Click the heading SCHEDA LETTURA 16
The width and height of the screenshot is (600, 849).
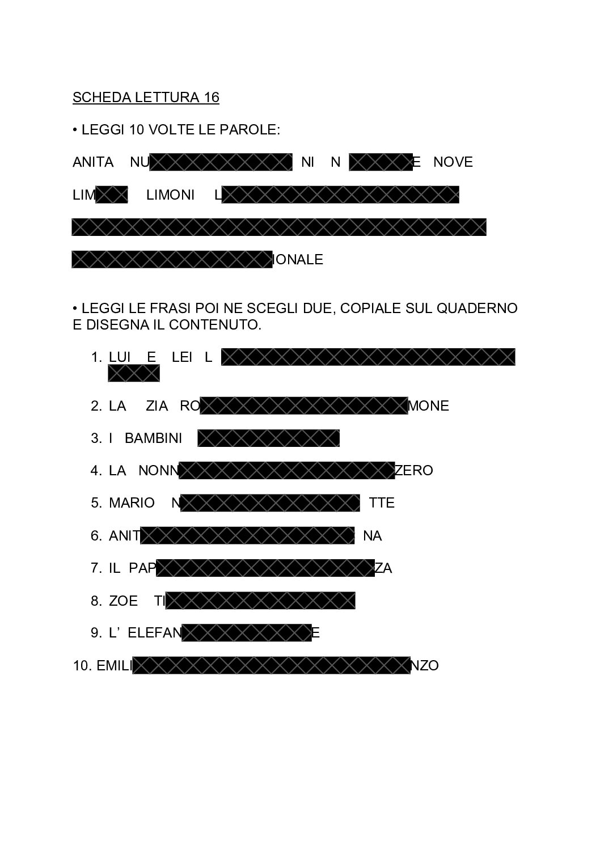tap(146, 98)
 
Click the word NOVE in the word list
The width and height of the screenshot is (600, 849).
tap(453, 162)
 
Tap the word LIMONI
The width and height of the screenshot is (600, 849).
tap(170, 195)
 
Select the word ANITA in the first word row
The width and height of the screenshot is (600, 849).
tap(93, 162)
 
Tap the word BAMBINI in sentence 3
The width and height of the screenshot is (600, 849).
tap(153, 438)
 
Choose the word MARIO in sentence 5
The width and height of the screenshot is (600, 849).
tap(132, 503)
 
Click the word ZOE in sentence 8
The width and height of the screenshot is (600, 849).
tap(123, 601)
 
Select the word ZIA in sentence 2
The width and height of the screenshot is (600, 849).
tap(157, 406)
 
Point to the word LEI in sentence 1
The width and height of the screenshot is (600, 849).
tap(182, 357)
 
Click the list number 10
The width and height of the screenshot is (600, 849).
tap(81, 666)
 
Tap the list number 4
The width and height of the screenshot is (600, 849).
tap(95, 471)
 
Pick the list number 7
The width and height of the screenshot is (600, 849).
tap(95, 568)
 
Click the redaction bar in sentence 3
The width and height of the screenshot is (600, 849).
tap(268, 438)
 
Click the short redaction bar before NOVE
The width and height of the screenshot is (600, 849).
tap(381, 162)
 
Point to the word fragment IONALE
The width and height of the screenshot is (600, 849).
tap(298, 260)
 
